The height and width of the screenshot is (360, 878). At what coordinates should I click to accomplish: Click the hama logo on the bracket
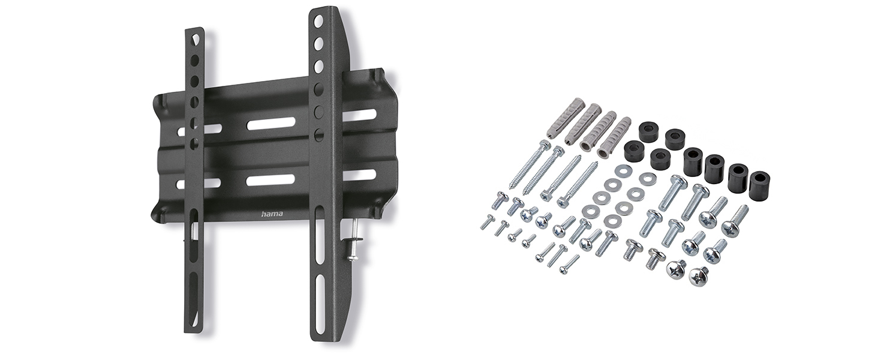(x=272, y=215)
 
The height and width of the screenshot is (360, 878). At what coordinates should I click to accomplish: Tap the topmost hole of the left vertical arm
(x=195, y=40)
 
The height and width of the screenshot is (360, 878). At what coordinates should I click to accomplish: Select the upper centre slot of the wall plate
(x=271, y=124)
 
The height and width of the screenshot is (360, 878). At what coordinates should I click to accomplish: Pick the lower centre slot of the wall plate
(x=271, y=179)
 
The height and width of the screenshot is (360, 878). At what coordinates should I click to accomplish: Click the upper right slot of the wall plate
(x=359, y=115)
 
